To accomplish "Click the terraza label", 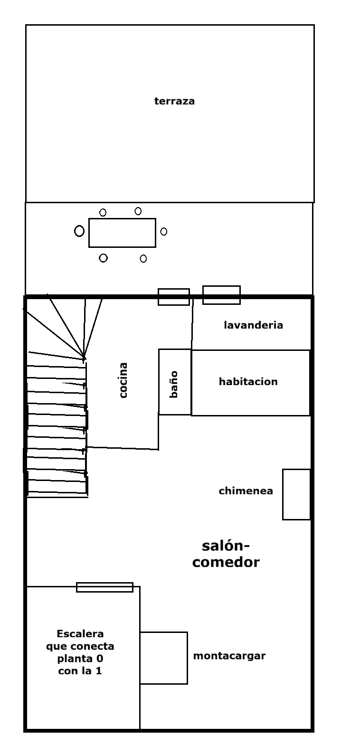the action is pos(174,101).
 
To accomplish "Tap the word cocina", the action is pos(123,380).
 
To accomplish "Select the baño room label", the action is pos(174,384).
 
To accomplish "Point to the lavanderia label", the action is pos(253,325).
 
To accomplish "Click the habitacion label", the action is pos(248,381).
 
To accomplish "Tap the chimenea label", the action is pos(246,491).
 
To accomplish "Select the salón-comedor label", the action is pos(226,554).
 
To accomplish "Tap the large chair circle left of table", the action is pos(79,231).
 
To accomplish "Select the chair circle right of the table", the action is pos(164,232).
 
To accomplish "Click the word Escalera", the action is pos(80,633).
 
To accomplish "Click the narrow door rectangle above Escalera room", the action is pos(105,587).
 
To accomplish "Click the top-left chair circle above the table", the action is pos(103,212).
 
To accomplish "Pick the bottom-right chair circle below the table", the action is pos(143,258).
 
